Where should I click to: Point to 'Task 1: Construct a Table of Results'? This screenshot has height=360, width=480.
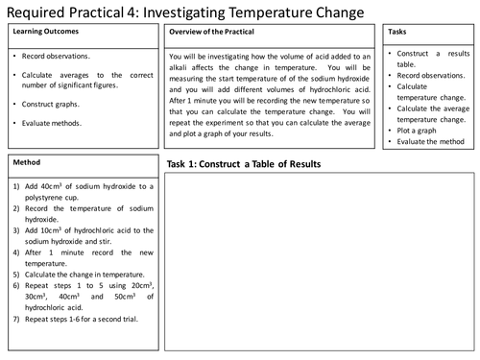[244, 164]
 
